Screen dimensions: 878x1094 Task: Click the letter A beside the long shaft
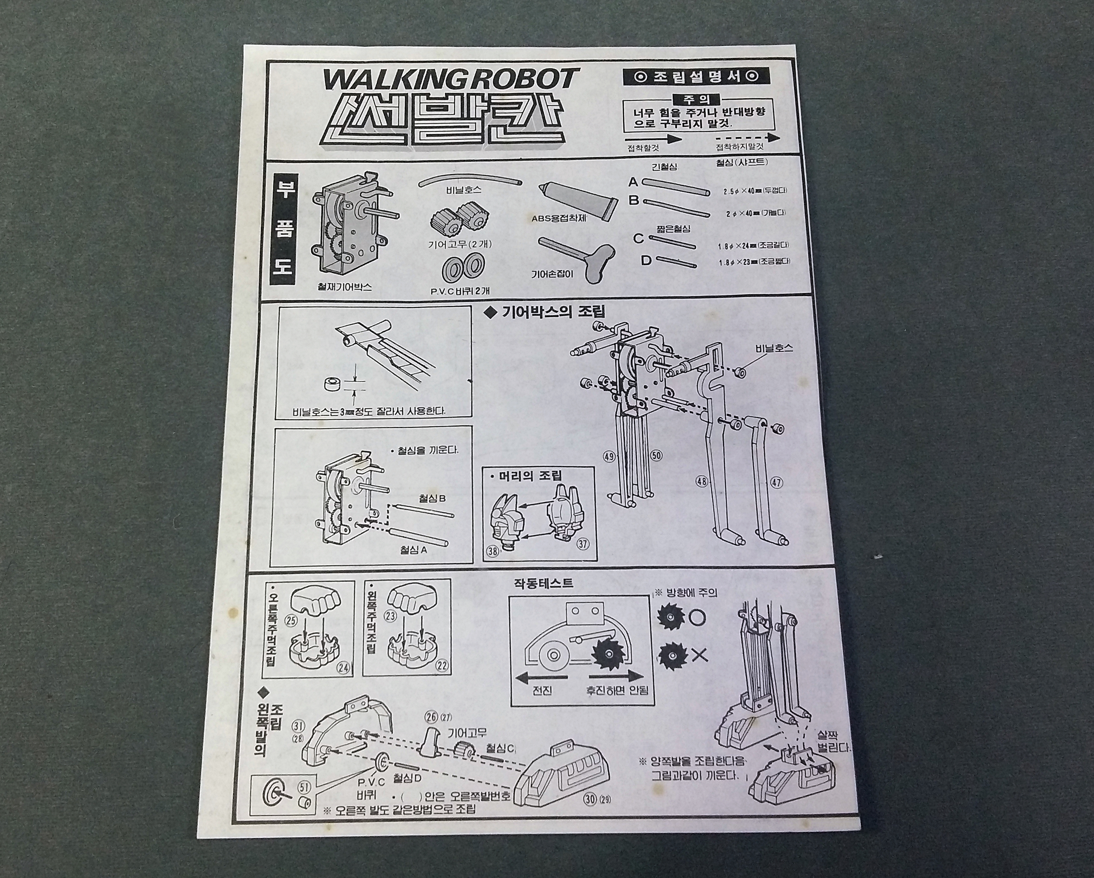pyautogui.click(x=633, y=182)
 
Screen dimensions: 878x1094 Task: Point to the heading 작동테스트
pyautogui.click(x=544, y=583)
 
